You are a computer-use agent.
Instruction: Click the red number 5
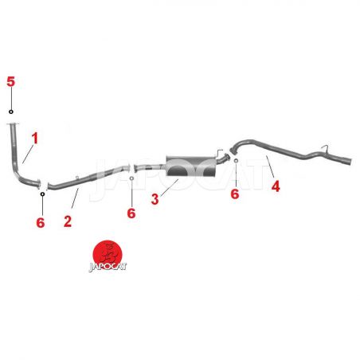[x=11, y=81]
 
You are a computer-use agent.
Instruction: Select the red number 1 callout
[x=35, y=139]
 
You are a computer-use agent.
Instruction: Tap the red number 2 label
[x=68, y=221]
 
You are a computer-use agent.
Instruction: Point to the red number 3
[x=155, y=199]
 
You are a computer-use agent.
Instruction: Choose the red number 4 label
[x=276, y=186]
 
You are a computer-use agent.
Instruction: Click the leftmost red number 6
[x=41, y=222]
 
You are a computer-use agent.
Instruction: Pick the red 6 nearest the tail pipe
[x=235, y=194]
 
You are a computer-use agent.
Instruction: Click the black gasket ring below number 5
[x=11, y=112]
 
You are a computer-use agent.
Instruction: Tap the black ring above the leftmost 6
[x=42, y=194]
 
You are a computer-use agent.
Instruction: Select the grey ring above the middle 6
[x=131, y=178]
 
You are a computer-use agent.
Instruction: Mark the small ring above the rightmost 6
[x=236, y=161]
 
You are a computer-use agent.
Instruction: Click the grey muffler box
[x=190, y=166]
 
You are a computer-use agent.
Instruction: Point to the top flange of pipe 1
[x=13, y=124]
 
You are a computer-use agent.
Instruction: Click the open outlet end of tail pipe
[x=350, y=162]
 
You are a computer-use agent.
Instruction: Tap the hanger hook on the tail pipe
[x=325, y=148]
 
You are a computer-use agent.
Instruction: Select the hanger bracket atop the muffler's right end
[x=219, y=153]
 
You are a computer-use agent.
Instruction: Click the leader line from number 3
[x=169, y=188]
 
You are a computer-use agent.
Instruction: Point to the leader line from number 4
[x=270, y=166]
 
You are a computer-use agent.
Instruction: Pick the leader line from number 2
[x=75, y=198]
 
